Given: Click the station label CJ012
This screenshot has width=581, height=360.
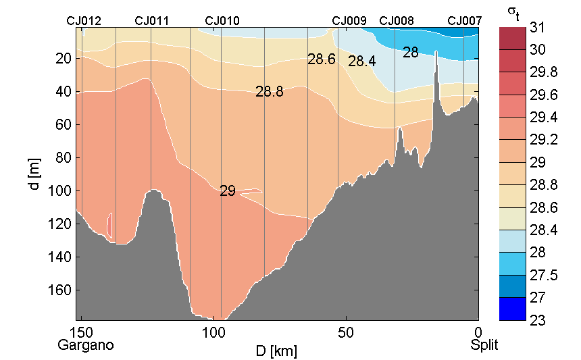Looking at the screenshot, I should (x=84, y=21).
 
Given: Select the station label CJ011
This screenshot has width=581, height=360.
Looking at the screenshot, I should (x=152, y=21).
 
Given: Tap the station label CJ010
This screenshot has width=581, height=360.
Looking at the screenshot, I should (x=222, y=21).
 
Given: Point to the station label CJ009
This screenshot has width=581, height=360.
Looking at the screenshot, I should (x=349, y=21).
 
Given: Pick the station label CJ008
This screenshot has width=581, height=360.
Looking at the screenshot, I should (x=397, y=21).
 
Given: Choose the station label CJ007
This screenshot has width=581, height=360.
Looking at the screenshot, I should (x=465, y=21).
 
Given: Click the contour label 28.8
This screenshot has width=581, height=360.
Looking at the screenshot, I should (x=269, y=92).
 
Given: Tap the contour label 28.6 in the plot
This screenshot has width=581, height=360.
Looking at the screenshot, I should (x=322, y=59).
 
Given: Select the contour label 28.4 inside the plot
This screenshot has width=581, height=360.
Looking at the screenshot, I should (x=362, y=61).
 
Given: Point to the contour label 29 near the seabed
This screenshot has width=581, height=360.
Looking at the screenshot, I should (x=228, y=191).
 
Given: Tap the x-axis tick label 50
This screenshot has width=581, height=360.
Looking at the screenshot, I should (x=346, y=332).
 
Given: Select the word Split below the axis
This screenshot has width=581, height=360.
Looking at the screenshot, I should (x=484, y=345).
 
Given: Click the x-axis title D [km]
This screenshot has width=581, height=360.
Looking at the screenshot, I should (x=276, y=351).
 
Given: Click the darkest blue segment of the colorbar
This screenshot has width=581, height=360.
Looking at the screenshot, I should (x=513, y=309).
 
